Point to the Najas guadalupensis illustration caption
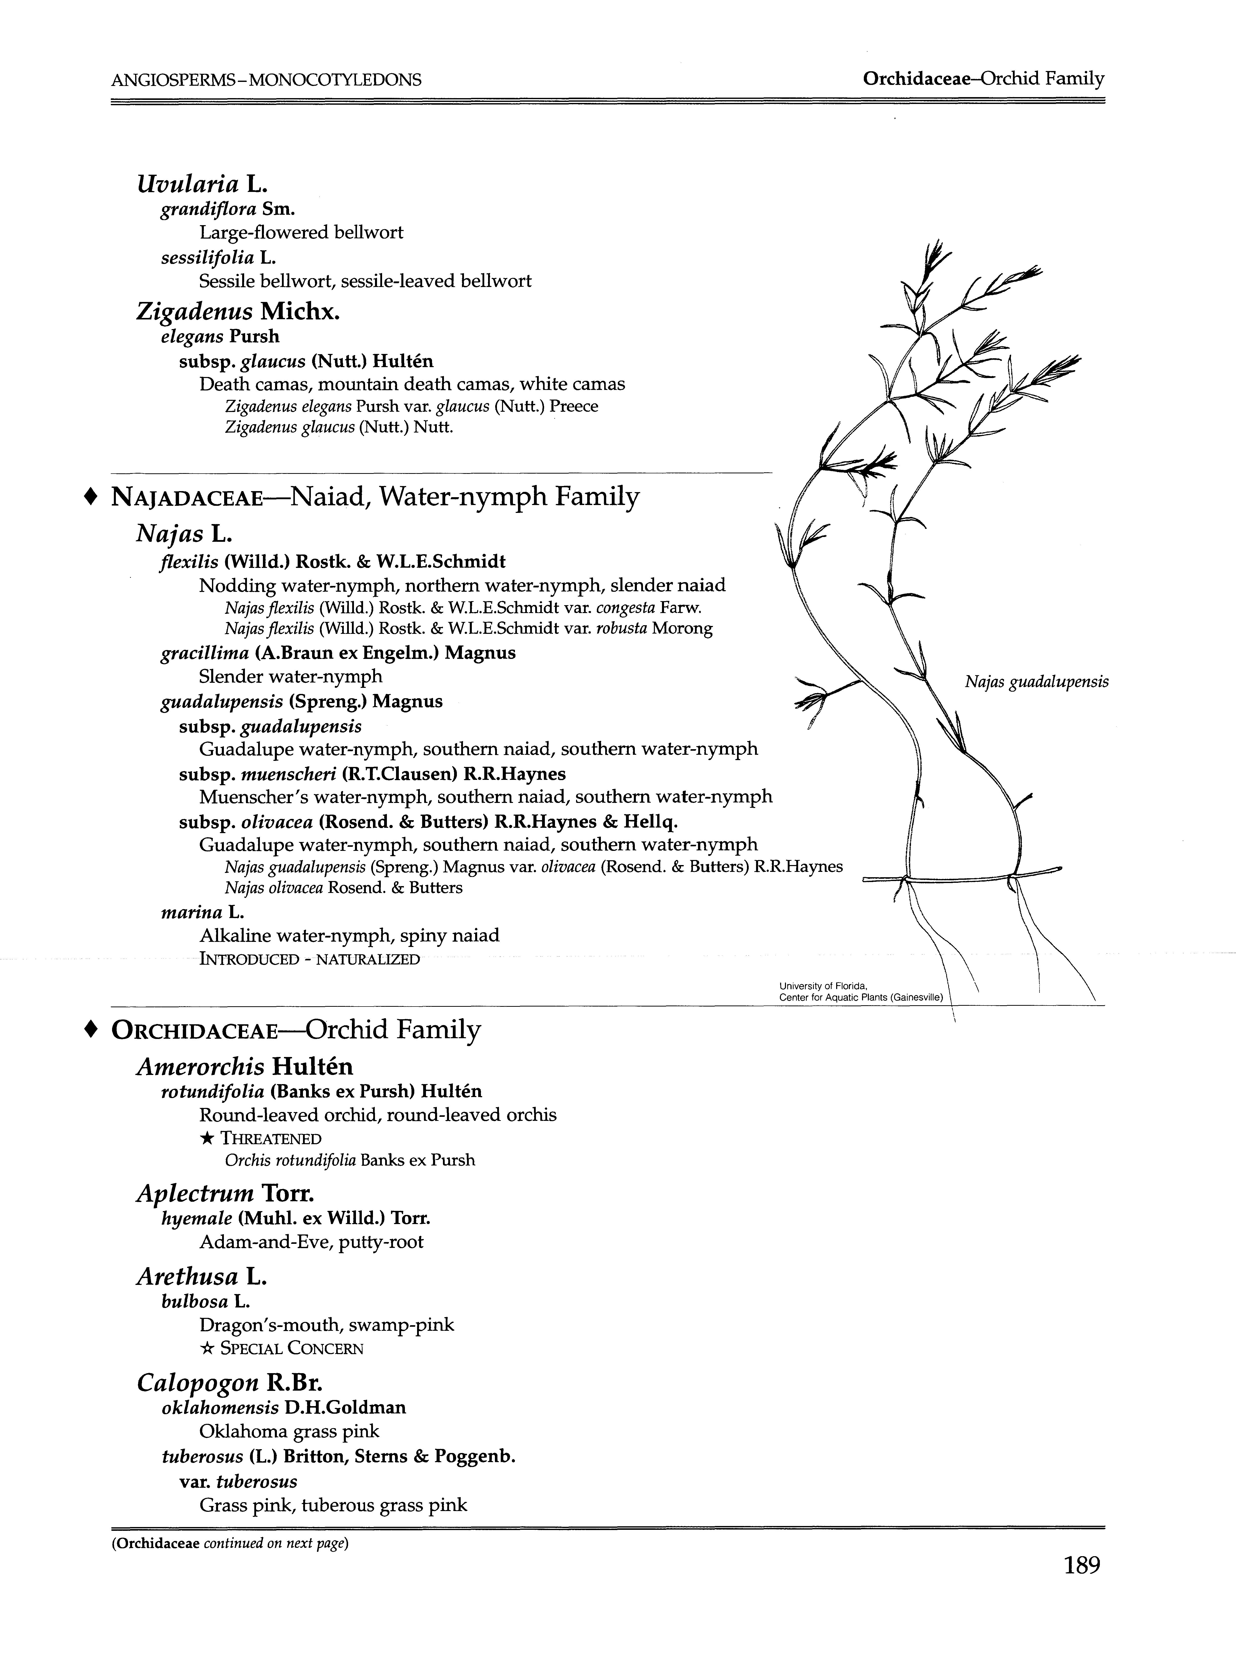1036,681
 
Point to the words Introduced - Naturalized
309,959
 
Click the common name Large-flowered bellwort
301,233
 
